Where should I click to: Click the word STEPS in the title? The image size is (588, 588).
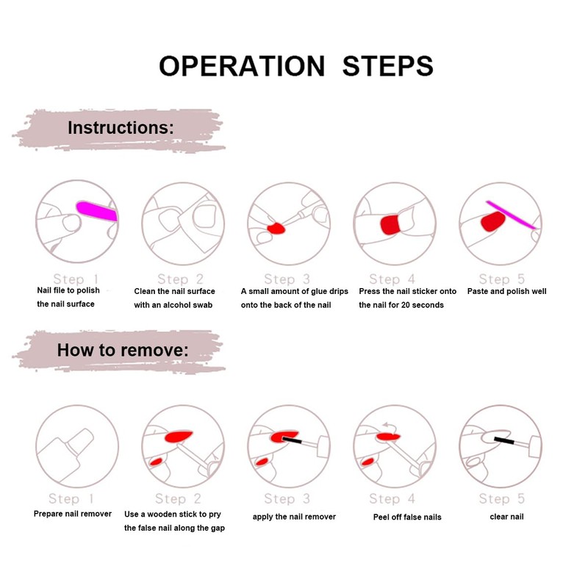(x=387, y=65)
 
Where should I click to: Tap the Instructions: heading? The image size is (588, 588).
(x=121, y=127)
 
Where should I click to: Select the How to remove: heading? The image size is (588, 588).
(x=123, y=349)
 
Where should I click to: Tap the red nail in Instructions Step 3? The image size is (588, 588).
(x=276, y=228)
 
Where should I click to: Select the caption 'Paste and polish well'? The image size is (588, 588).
(x=506, y=291)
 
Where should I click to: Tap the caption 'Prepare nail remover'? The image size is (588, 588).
(x=73, y=514)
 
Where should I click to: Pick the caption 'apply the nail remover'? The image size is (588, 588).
(x=294, y=517)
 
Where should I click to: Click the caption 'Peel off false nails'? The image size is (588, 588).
(x=407, y=517)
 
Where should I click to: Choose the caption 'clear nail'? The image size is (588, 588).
(x=507, y=516)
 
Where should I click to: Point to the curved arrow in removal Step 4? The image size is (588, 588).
(x=387, y=425)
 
